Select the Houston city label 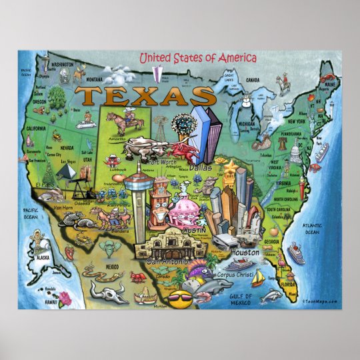pyautogui.click(x=245, y=253)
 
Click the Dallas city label pyautogui.click(x=200, y=169)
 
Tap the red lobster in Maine pyautogui.click(x=328, y=85)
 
